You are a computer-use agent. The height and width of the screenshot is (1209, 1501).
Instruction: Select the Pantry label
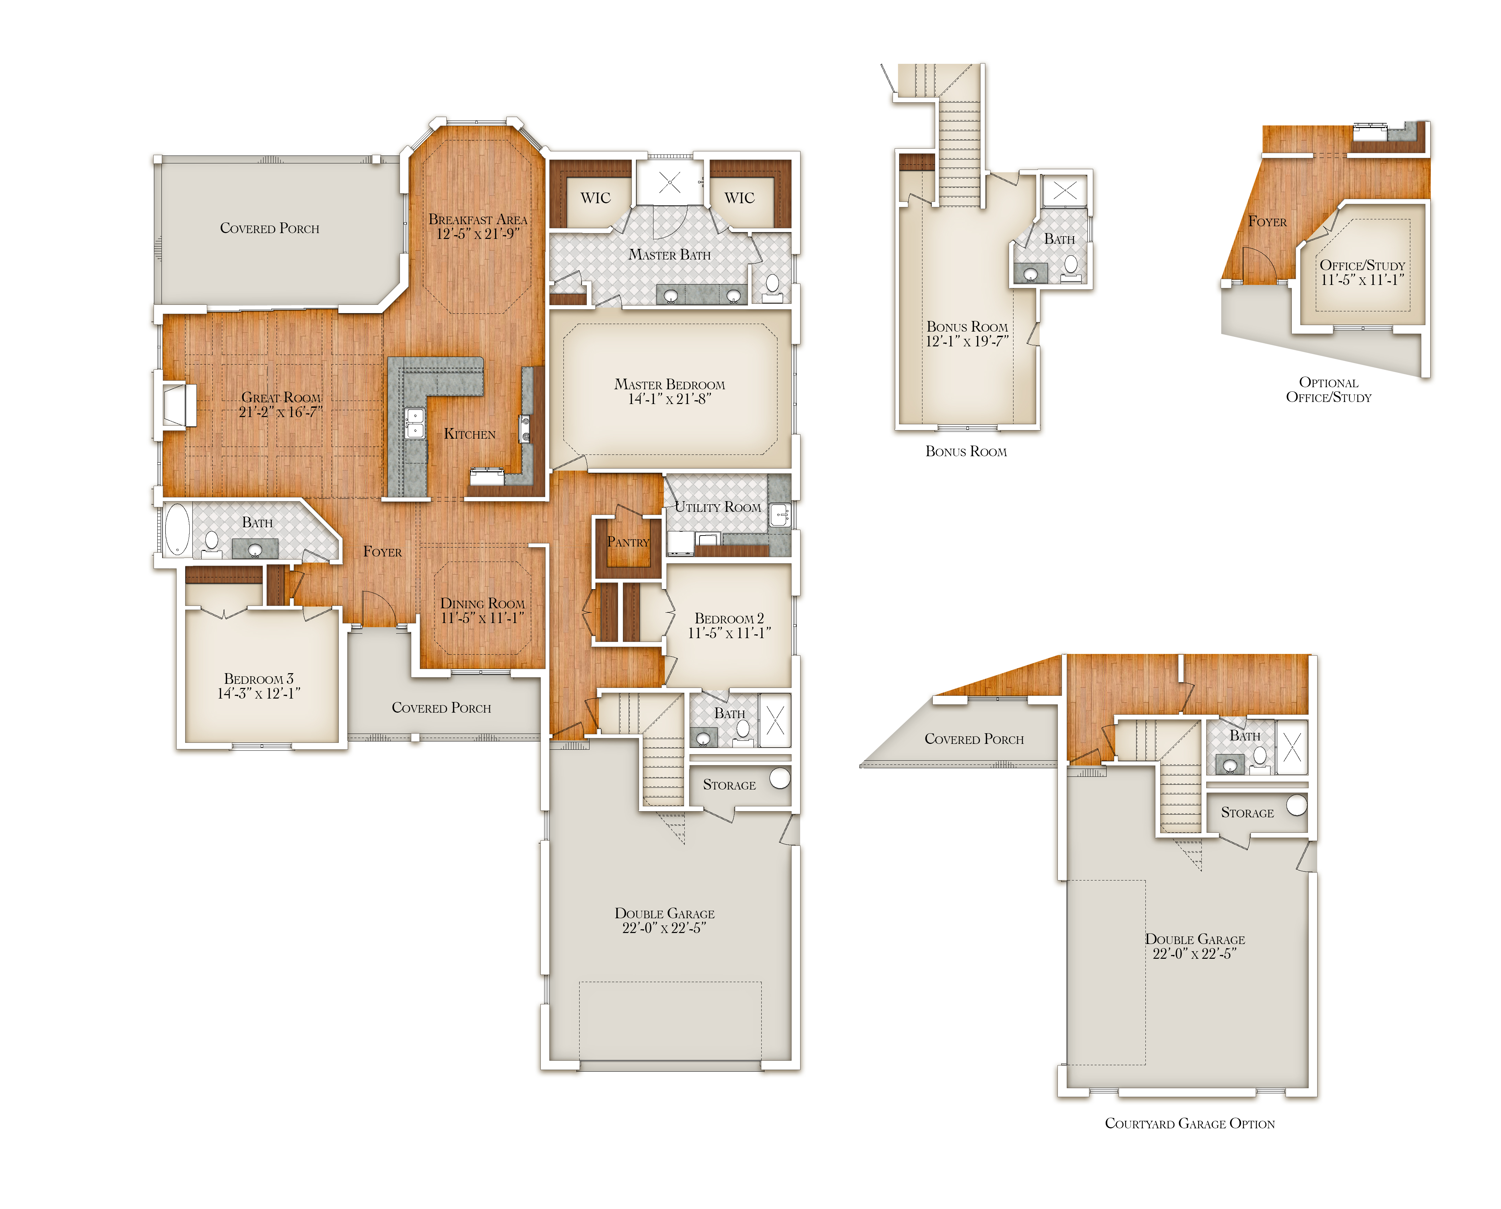[628, 542]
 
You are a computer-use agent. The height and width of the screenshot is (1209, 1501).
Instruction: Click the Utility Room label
[718, 507]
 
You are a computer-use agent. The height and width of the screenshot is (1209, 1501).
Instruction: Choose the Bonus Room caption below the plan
[966, 451]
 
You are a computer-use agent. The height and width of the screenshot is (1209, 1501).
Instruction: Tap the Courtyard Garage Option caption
[1189, 1123]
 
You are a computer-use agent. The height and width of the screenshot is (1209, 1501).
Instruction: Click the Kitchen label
[470, 434]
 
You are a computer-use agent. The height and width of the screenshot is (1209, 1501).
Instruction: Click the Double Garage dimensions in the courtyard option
[1195, 954]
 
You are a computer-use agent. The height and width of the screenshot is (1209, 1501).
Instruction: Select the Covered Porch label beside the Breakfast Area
[270, 228]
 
